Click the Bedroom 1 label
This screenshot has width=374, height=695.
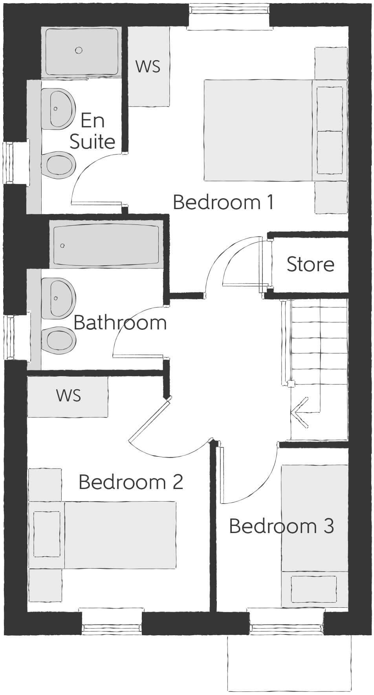pos(223,202)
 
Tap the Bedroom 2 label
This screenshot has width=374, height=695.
pos(131,482)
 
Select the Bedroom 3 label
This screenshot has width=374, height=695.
pos(281,526)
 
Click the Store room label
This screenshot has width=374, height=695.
pos(310,264)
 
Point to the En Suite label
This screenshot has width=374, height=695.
pos(93,131)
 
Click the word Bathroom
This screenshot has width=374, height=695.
pos(120,323)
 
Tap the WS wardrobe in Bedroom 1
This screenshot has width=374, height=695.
pos(148,66)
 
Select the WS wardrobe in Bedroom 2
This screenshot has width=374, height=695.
pos(68,395)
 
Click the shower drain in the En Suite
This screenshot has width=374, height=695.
pos(79,50)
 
